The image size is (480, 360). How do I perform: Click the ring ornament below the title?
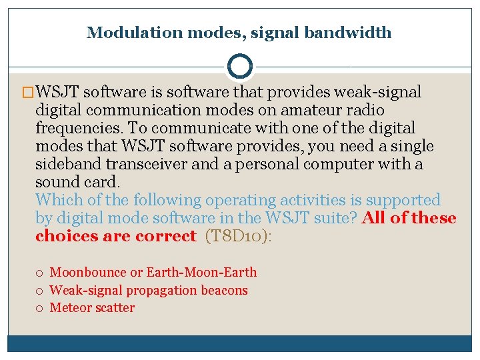pos(239,67)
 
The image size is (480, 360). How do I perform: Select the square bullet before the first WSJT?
pos(27,92)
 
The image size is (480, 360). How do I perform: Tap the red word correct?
pos(165,236)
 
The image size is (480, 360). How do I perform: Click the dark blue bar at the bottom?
pos(239,343)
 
